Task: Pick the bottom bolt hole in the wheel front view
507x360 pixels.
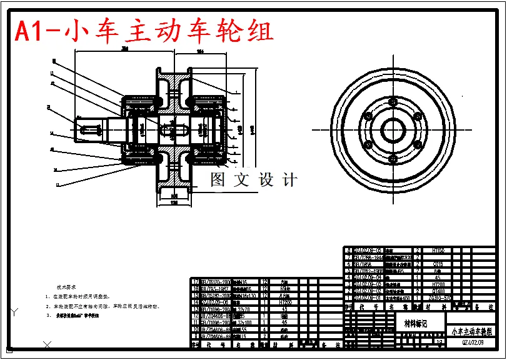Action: [393, 157]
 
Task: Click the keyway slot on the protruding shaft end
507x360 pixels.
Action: [91, 130]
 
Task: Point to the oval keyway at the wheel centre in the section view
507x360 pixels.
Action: [176, 130]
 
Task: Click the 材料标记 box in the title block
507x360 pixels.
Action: [416, 323]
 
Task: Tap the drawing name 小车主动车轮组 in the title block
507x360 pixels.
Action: [472, 331]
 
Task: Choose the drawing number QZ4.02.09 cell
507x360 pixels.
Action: [472, 342]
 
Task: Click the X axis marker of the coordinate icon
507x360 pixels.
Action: [47, 344]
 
